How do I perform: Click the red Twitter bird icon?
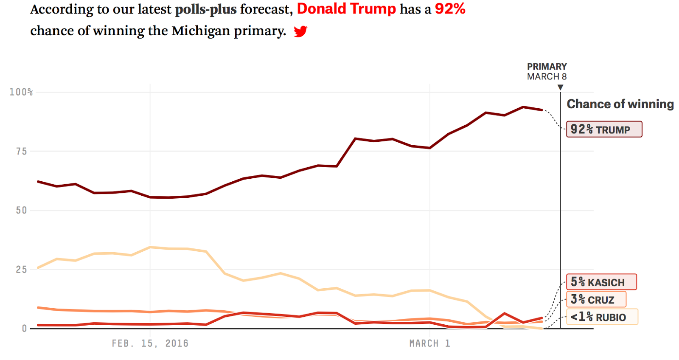(x=300, y=31)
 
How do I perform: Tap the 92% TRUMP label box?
(x=604, y=129)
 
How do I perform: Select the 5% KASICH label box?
(x=601, y=282)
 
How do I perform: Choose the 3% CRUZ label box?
(x=596, y=300)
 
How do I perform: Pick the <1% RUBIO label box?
(x=602, y=317)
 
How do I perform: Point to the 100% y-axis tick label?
(x=21, y=92)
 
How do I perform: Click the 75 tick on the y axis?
(x=22, y=152)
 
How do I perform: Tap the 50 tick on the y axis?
(x=22, y=211)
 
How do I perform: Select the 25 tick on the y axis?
(x=22, y=270)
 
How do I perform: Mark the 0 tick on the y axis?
(x=24, y=329)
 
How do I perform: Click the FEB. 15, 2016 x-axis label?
(x=150, y=343)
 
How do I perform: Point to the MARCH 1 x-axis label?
(x=429, y=343)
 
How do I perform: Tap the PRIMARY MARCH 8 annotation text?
(x=547, y=72)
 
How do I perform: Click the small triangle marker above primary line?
(x=560, y=87)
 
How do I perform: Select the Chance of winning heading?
(x=620, y=104)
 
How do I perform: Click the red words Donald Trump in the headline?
(x=346, y=9)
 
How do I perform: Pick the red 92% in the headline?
(x=450, y=9)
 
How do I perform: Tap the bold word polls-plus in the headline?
(x=206, y=9)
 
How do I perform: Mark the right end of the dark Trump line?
(x=542, y=110)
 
